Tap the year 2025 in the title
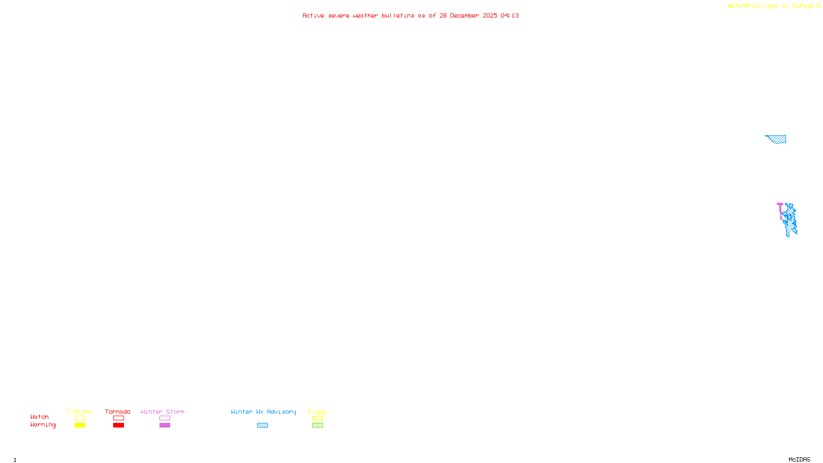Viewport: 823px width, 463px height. pos(490,16)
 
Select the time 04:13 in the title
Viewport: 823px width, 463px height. pos(510,16)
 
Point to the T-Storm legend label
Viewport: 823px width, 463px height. pos(79,412)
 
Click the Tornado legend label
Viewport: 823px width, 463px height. pos(118,412)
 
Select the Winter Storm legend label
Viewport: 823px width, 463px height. pos(163,412)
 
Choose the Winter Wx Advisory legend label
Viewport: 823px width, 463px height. pos(263,412)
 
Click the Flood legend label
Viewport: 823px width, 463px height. pos(317,412)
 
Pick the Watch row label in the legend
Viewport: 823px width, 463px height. pos(40,417)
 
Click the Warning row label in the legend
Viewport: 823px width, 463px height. pos(43,425)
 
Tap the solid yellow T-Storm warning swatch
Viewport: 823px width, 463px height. pos(80,425)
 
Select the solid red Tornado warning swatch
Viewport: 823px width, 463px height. pos(119,425)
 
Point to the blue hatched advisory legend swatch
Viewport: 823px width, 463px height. pos(262,425)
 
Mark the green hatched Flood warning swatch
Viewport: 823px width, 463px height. pos(317,425)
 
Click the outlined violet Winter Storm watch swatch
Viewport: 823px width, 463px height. pos(165,418)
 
